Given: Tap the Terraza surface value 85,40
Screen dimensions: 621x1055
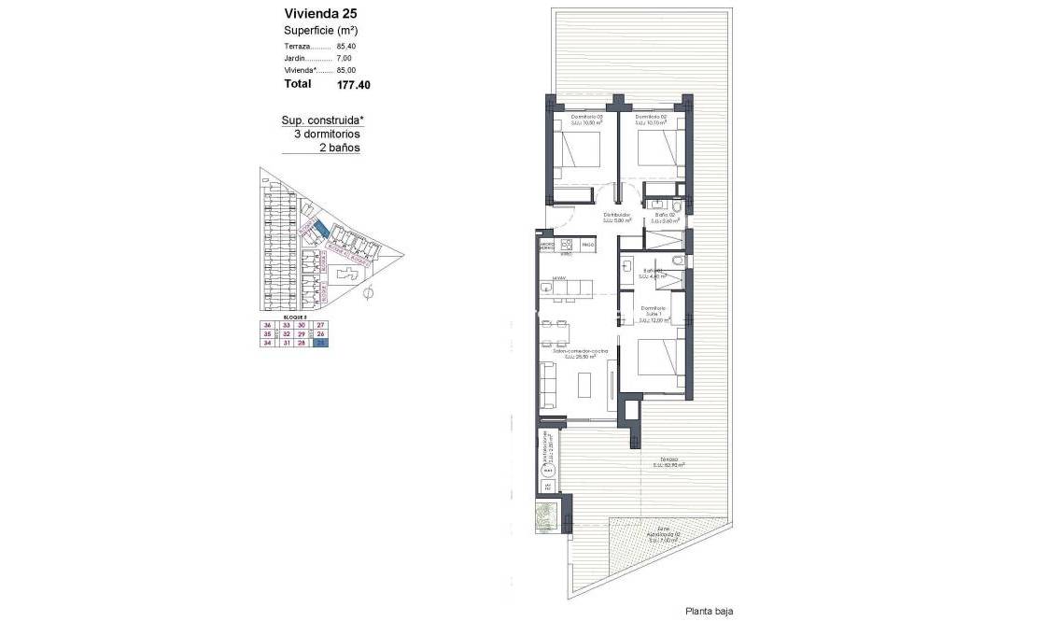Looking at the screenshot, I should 348,46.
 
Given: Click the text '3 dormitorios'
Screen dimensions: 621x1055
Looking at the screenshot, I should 326,134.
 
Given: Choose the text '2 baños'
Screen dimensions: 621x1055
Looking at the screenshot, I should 339,148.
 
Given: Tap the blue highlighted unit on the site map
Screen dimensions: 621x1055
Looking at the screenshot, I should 320,229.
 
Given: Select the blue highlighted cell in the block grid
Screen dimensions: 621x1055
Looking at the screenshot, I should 321,343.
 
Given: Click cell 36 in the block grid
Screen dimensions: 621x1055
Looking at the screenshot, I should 268,324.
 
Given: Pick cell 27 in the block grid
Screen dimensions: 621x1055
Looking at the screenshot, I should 321,324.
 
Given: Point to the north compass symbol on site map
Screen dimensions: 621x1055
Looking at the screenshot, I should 367,295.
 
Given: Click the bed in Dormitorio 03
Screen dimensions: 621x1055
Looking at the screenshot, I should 578,151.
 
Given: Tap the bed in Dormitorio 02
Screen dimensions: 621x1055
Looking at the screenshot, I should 660,151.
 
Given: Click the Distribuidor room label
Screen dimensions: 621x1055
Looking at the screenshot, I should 615,216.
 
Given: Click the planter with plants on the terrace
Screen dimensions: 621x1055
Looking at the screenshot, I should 546,515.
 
